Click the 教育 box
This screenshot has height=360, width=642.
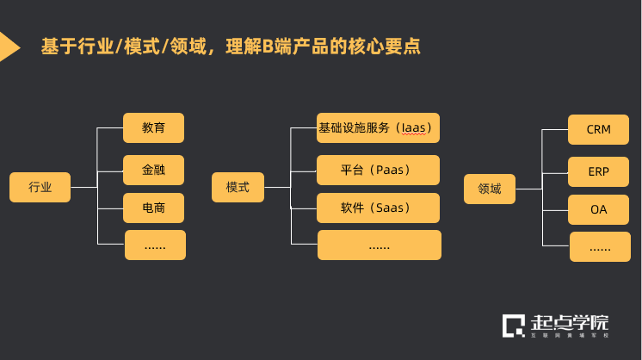tap(154, 128)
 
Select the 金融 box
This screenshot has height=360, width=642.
tap(154, 170)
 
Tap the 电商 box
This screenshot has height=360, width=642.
tap(154, 208)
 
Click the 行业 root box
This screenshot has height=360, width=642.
tap(40, 188)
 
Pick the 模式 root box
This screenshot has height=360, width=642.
tap(238, 188)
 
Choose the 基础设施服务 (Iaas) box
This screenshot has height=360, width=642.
tap(379, 127)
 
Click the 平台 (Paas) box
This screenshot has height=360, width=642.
tap(379, 170)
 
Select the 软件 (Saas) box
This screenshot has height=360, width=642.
tap(379, 208)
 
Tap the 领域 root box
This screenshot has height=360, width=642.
tap(489, 189)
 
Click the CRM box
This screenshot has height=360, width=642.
tap(598, 129)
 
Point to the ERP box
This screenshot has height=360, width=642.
tap(598, 171)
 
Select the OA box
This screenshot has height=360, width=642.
tap(598, 210)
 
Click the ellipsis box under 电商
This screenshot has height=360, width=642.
tap(155, 245)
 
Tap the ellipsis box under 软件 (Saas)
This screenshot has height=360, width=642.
tap(379, 245)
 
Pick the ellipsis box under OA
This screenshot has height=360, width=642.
tap(600, 247)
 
